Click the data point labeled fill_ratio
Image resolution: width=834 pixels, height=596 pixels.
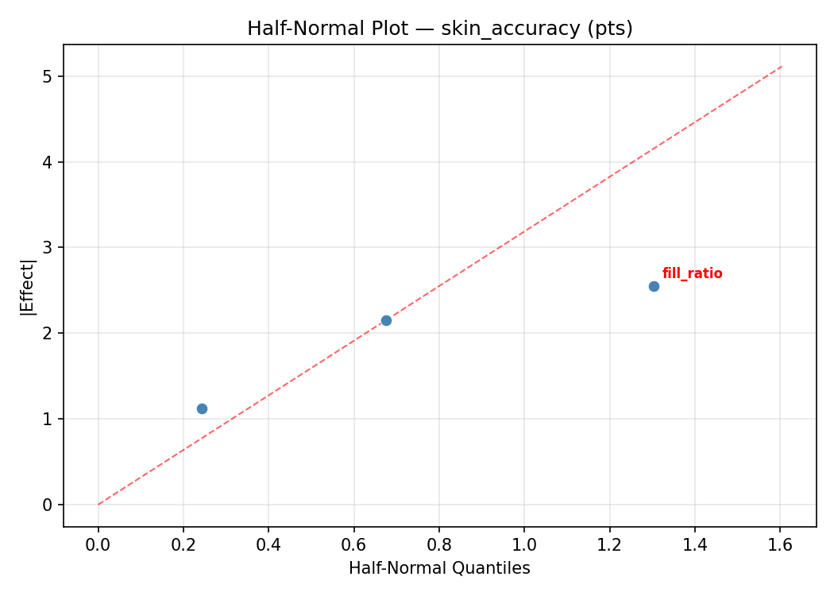[654, 286]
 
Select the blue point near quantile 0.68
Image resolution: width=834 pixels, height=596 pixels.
[386, 320]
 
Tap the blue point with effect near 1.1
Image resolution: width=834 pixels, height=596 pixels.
[202, 408]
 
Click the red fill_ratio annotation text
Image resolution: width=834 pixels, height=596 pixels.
[692, 273]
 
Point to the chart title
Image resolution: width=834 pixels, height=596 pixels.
[439, 29]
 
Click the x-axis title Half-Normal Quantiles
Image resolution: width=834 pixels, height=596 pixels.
[439, 568]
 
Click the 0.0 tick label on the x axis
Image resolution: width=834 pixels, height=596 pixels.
[98, 545]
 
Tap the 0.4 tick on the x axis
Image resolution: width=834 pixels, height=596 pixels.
[268, 545]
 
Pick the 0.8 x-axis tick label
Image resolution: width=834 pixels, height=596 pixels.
[439, 545]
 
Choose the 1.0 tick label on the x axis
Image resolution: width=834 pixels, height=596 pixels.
[524, 545]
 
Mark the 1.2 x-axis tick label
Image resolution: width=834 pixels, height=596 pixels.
[609, 545]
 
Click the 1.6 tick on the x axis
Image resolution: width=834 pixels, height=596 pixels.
[780, 545]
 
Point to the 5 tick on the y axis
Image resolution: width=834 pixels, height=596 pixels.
[47, 76]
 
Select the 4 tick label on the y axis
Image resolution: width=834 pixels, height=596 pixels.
[47, 162]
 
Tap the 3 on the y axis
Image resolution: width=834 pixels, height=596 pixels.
[47, 248]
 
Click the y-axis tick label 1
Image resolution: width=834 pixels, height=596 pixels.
[47, 419]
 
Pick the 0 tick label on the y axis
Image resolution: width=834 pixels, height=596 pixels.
[47, 505]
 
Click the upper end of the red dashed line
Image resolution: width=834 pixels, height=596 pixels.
[782, 67]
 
